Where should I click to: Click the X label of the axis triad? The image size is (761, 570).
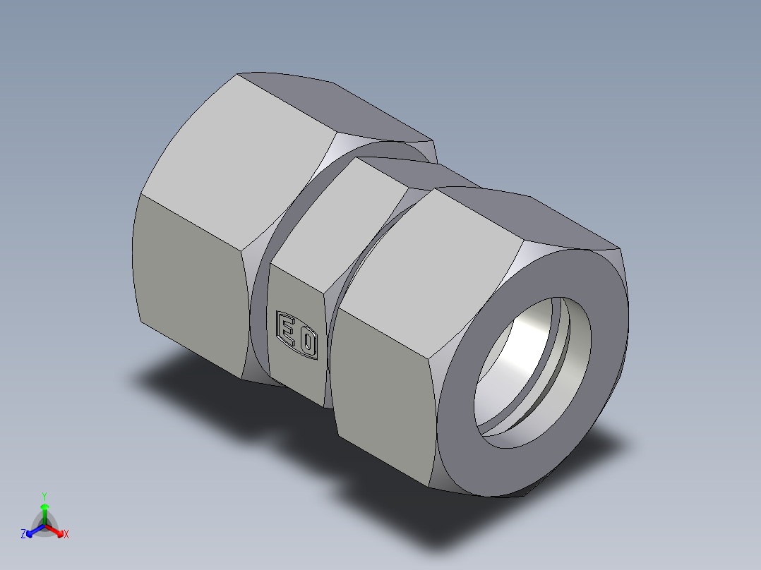tap(66, 535)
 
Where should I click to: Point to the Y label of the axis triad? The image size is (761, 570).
tap(44, 496)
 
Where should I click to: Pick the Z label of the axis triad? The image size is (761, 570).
tap(23, 534)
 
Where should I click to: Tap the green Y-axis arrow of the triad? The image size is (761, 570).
tap(44, 509)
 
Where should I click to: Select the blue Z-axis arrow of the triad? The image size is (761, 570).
tap(32, 530)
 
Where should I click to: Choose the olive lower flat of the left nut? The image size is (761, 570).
tap(191, 282)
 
